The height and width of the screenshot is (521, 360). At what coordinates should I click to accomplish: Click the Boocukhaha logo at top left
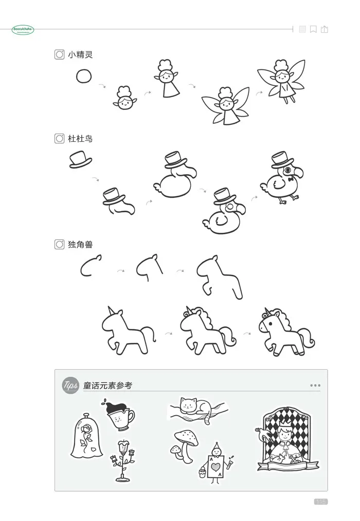click(x=23, y=29)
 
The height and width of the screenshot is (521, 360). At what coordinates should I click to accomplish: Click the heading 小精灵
click(x=80, y=54)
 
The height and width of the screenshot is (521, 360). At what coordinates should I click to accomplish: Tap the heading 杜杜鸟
click(x=80, y=139)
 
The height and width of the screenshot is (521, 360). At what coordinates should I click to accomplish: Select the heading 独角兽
click(x=80, y=245)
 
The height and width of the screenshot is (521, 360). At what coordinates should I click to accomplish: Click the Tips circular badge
click(x=70, y=385)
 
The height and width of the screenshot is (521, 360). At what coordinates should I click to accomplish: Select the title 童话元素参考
click(x=108, y=385)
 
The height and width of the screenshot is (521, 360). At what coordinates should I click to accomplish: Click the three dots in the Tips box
click(x=315, y=385)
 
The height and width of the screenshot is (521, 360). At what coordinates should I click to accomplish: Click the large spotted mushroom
click(x=186, y=439)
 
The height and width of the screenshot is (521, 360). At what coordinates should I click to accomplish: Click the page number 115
click(x=320, y=501)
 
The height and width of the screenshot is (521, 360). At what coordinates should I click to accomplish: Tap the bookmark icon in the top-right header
click(x=313, y=29)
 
